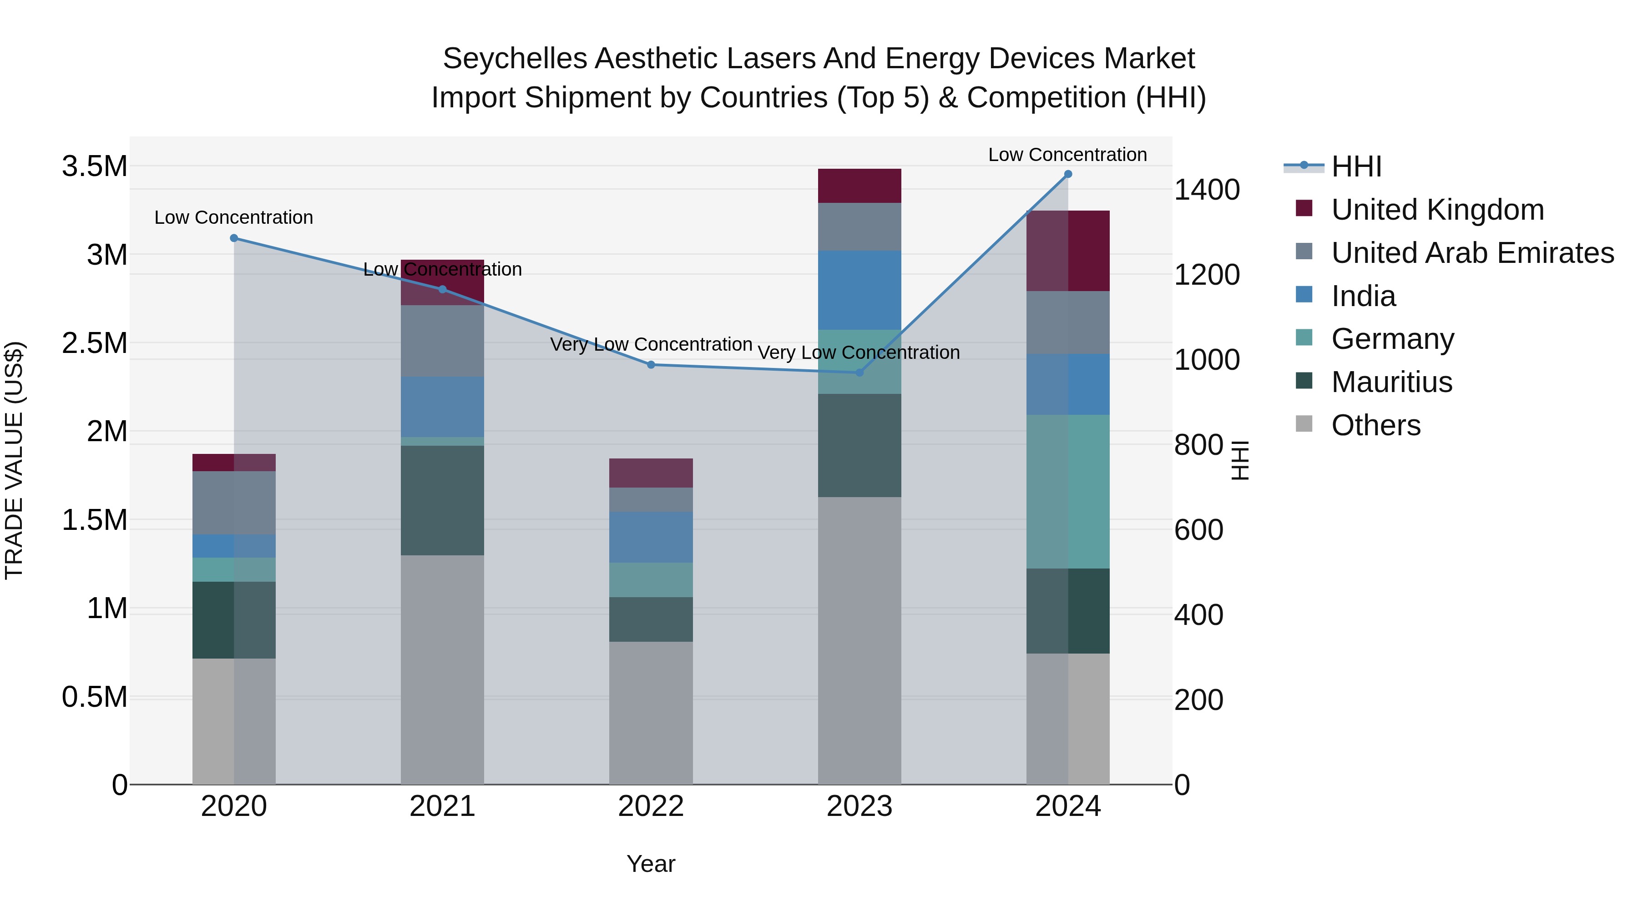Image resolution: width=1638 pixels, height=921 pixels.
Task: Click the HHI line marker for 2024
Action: point(1067,174)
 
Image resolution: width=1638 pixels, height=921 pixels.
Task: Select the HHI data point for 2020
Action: point(234,238)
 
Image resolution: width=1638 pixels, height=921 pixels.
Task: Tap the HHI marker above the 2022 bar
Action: point(651,365)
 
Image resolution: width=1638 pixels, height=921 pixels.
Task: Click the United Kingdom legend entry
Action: point(1436,210)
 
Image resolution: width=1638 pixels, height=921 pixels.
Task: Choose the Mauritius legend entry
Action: point(1391,382)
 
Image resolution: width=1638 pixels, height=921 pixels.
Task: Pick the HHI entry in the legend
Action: point(1356,166)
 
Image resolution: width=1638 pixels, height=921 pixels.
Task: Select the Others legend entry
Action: point(1375,425)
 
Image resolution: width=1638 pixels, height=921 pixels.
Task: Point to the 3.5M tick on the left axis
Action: point(94,166)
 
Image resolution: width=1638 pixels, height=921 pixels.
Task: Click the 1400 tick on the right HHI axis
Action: point(1206,189)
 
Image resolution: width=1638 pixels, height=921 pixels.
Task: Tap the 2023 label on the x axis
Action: point(859,806)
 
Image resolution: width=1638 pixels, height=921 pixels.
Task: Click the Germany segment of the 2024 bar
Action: point(1067,491)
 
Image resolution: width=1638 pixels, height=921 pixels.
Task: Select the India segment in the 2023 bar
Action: point(859,290)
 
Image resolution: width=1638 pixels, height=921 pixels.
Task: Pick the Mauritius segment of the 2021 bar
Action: point(442,500)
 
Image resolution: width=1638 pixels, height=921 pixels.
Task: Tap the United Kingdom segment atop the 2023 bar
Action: point(859,186)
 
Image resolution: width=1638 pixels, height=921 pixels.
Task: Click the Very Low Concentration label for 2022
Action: point(651,344)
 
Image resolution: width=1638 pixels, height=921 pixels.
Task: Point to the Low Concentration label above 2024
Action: point(1067,155)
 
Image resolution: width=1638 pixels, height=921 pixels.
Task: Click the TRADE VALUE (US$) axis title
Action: point(14,460)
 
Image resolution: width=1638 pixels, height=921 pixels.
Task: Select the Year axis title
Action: point(651,864)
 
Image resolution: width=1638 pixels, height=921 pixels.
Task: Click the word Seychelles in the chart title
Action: point(515,59)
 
